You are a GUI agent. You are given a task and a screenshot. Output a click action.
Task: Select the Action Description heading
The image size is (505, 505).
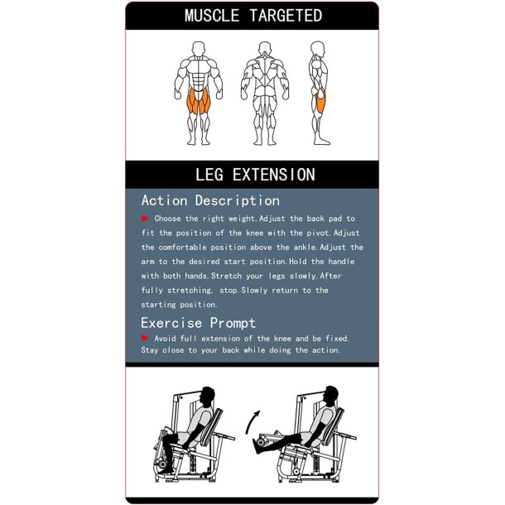[210, 200]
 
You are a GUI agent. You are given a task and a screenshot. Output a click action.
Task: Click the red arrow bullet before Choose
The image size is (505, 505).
[146, 219]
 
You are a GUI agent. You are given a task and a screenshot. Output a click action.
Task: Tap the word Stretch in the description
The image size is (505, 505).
[232, 276]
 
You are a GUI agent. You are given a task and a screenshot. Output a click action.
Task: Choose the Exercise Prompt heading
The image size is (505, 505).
[198, 323]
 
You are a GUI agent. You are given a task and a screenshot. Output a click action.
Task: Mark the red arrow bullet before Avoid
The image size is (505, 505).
[146, 338]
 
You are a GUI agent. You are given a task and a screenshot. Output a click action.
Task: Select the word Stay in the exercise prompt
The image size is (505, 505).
[152, 351]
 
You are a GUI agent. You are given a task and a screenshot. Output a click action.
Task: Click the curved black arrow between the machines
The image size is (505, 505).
[252, 423]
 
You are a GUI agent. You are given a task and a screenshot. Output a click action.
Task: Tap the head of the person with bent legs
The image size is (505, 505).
[208, 396]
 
